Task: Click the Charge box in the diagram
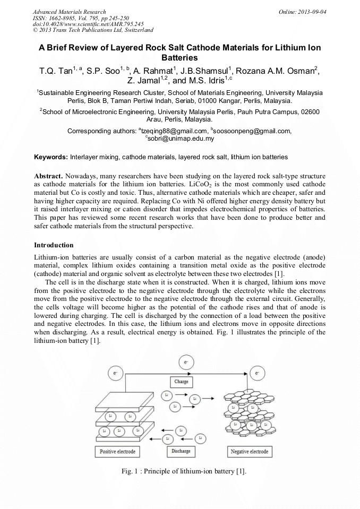[x=181, y=382]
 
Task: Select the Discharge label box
[x=181, y=451]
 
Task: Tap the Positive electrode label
[x=118, y=452]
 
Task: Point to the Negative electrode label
[x=248, y=452]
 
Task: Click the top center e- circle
[x=185, y=363]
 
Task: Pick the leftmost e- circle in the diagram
[x=116, y=374]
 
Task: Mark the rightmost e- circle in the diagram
[x=257, y=374]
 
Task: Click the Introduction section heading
[x=54, y=245]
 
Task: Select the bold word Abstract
[x=48, y=176]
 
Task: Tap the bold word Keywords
[x=51, y=157]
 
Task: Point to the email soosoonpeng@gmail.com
[x=252, y=131]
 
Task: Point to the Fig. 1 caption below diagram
[x=183, y=471]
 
